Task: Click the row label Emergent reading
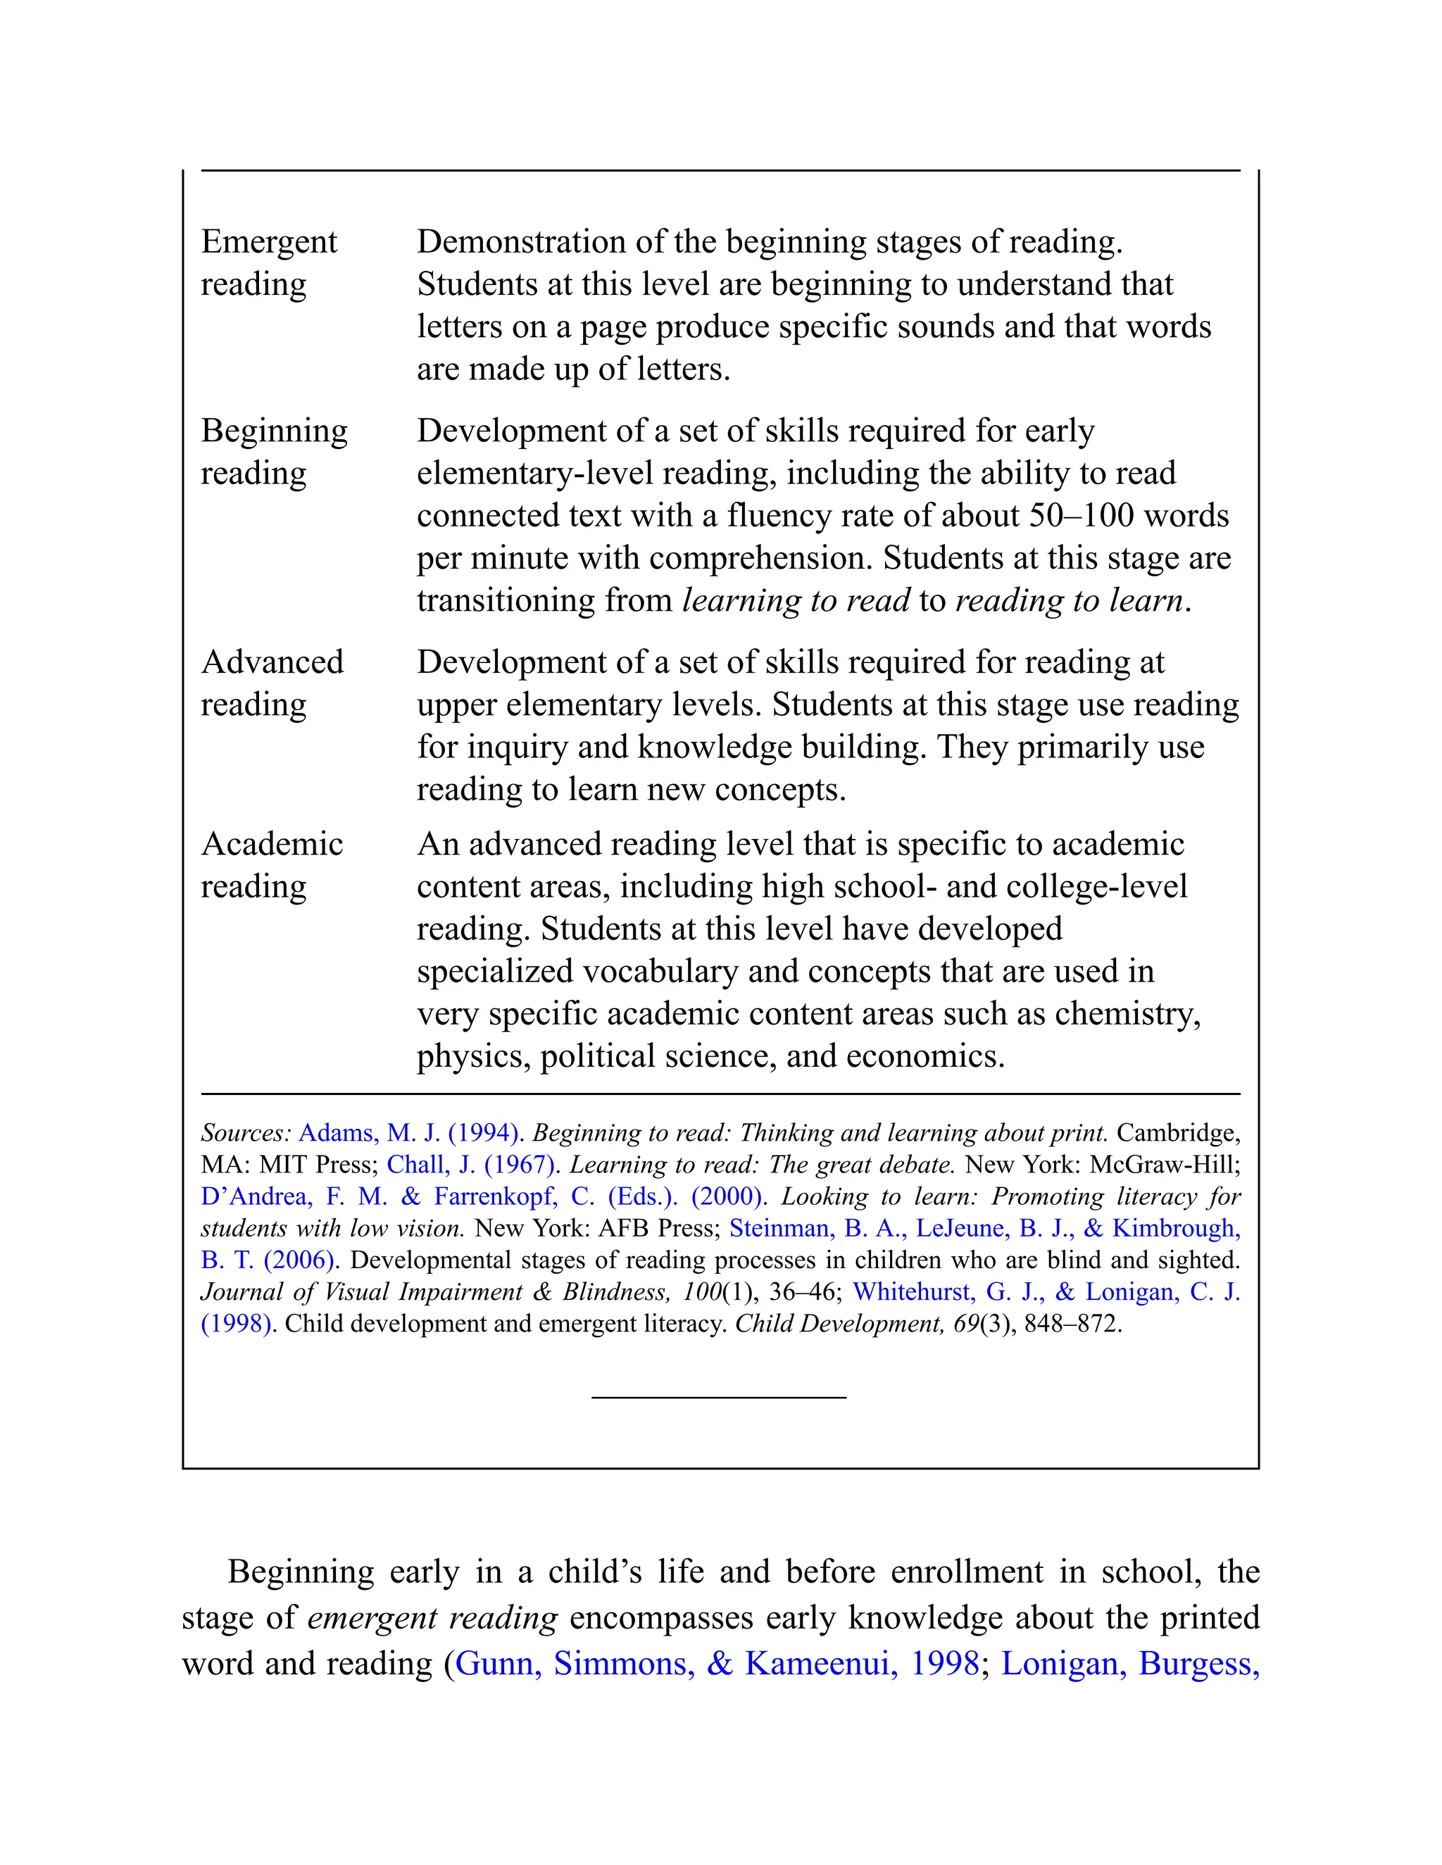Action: pyautogui.click(x=269, y=263)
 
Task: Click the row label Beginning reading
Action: pyautogui.click(x=273, y=451)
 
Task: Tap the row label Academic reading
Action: pyautogui.click(x=272, y=864)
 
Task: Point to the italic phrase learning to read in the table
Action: pyautogui.click(x=796, y=600)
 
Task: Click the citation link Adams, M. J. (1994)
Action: pyautogui.click(x=409, y=1132)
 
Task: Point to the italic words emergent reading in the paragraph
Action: pyautogui.click(x=432, y=1617)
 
